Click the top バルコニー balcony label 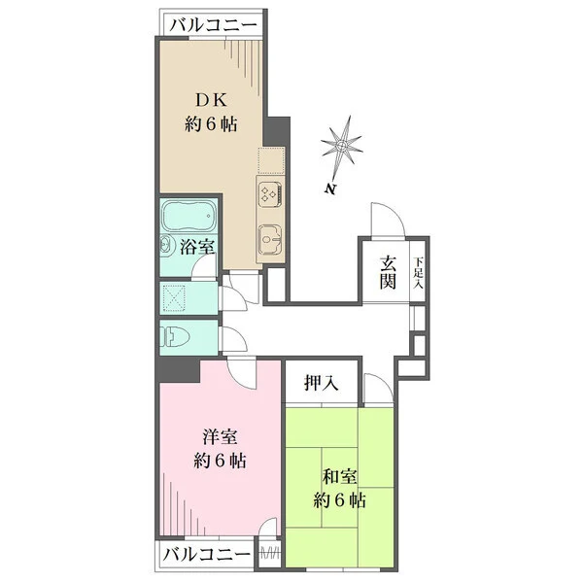coord(212,25)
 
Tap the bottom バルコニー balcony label coord(205,555)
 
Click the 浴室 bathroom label coord(198,247)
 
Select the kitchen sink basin coord(269,235)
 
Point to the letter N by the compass coord(331,188)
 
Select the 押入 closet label coord(323,383)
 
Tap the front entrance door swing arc coord(385,220)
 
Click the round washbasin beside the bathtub coord(166,247)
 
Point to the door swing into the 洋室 coord(244,371)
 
